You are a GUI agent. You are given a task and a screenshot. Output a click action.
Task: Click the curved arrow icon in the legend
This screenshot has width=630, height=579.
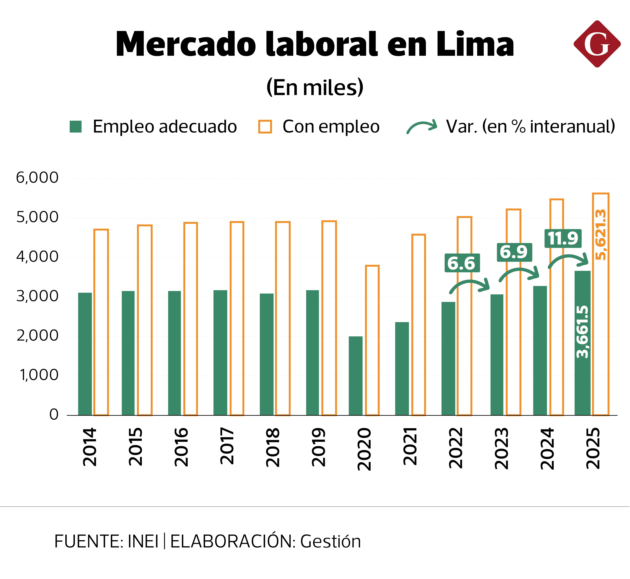point(422,126)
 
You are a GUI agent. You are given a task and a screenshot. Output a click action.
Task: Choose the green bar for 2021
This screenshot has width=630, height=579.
point(402,369)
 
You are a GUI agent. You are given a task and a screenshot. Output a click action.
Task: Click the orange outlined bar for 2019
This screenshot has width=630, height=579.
point(329,318)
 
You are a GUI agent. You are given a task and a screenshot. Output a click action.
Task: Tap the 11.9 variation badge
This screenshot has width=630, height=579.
point(563,238)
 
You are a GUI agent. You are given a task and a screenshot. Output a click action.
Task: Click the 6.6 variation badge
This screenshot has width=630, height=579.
point(462,263)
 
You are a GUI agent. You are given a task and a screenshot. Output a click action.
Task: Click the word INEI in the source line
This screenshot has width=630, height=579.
point(143,541)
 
